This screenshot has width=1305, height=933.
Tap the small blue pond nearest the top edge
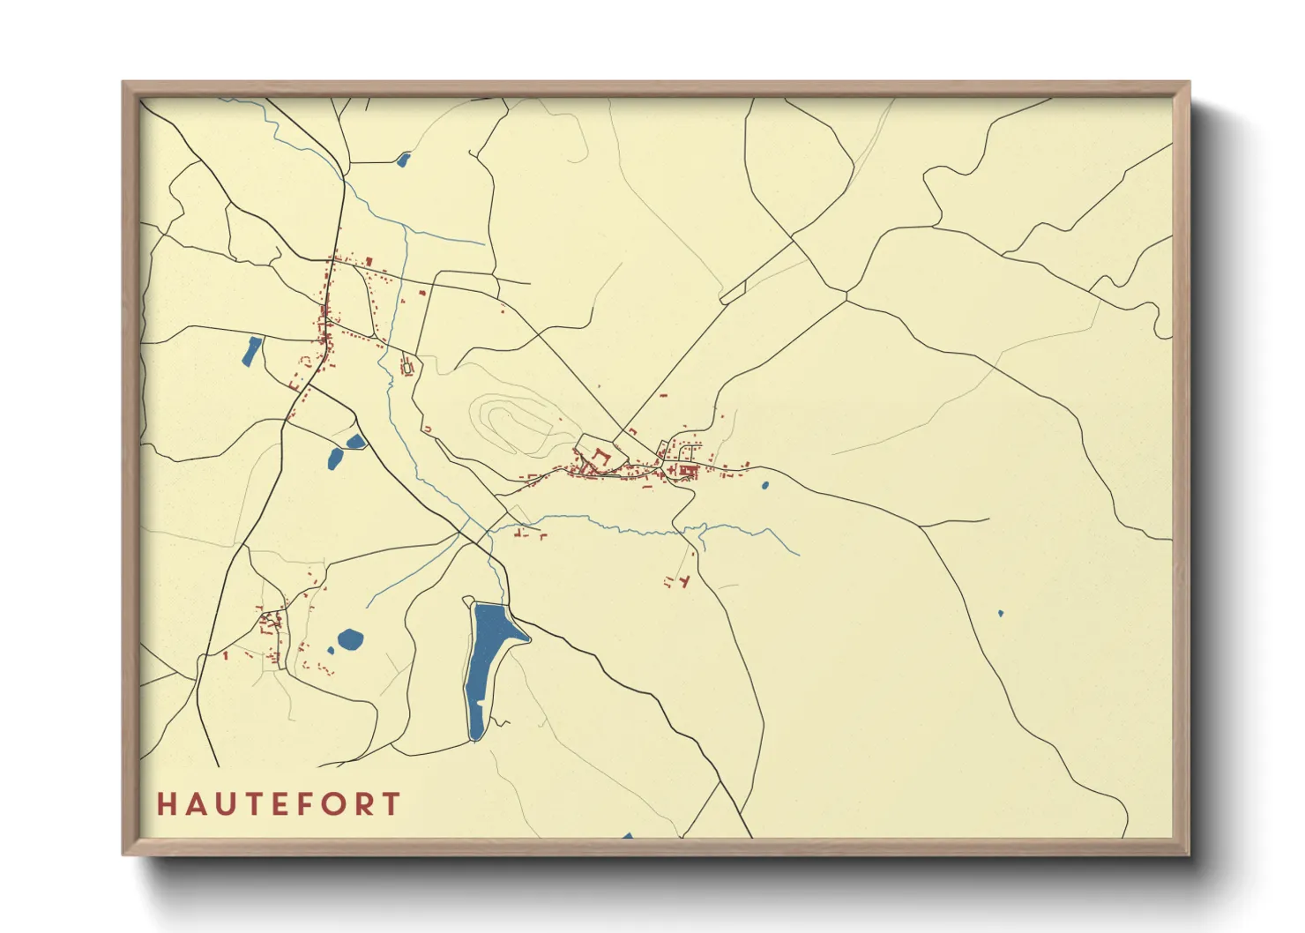[x=404, y=160]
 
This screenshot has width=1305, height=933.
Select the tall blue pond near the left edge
[x=252, y=350]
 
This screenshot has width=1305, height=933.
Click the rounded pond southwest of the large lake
[x=350, y=639]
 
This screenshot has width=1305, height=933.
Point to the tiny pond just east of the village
[x=764, y=484]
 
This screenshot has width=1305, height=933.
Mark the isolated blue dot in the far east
[x=1000, y=613]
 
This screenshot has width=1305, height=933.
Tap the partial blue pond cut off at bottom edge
[x=628, y=835]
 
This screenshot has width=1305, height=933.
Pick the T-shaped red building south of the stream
[x=683, y=581]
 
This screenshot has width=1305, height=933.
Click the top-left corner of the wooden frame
[x=125, y=85]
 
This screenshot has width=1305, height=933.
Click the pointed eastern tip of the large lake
[x=528, y=638]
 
